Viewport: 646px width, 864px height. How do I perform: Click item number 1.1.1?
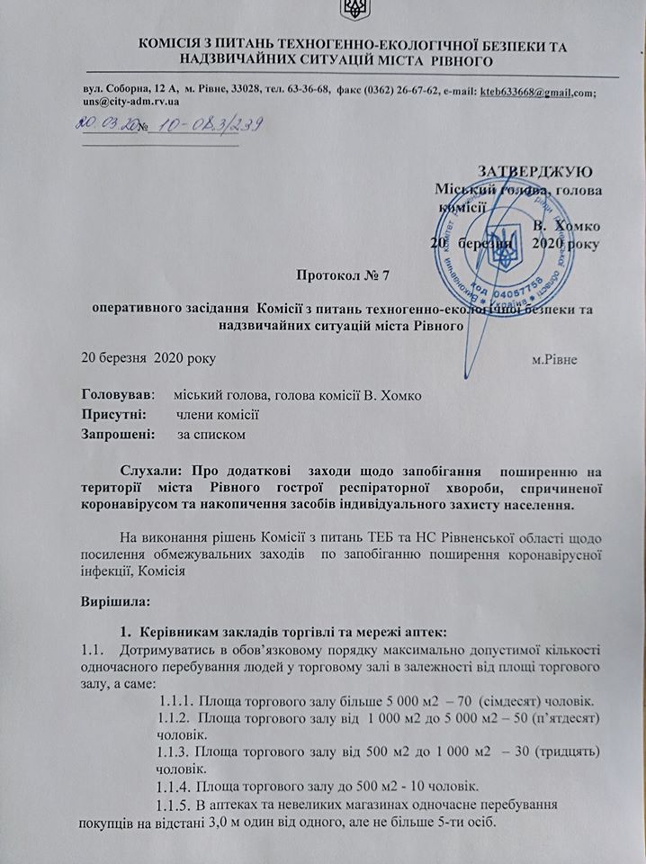[x=176, y=675]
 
